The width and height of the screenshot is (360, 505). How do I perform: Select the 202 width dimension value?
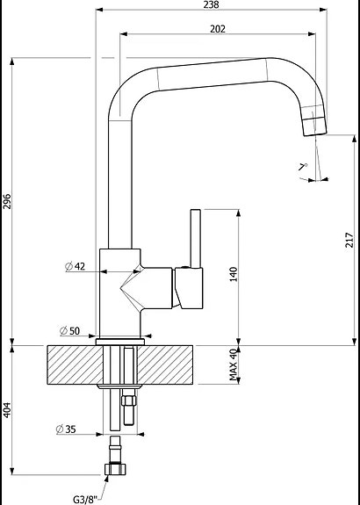pyautogui.click(x=218, y=29)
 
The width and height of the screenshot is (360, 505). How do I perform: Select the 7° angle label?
pyautogui.click(x=303, y=166)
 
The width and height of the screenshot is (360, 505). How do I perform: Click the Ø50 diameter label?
pyautogui.click(x=69, y=330)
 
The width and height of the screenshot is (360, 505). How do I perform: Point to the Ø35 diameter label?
pyautogui.click(x=65, y=429)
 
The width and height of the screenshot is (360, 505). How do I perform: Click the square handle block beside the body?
pyautogui.click(x=189, y=288)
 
